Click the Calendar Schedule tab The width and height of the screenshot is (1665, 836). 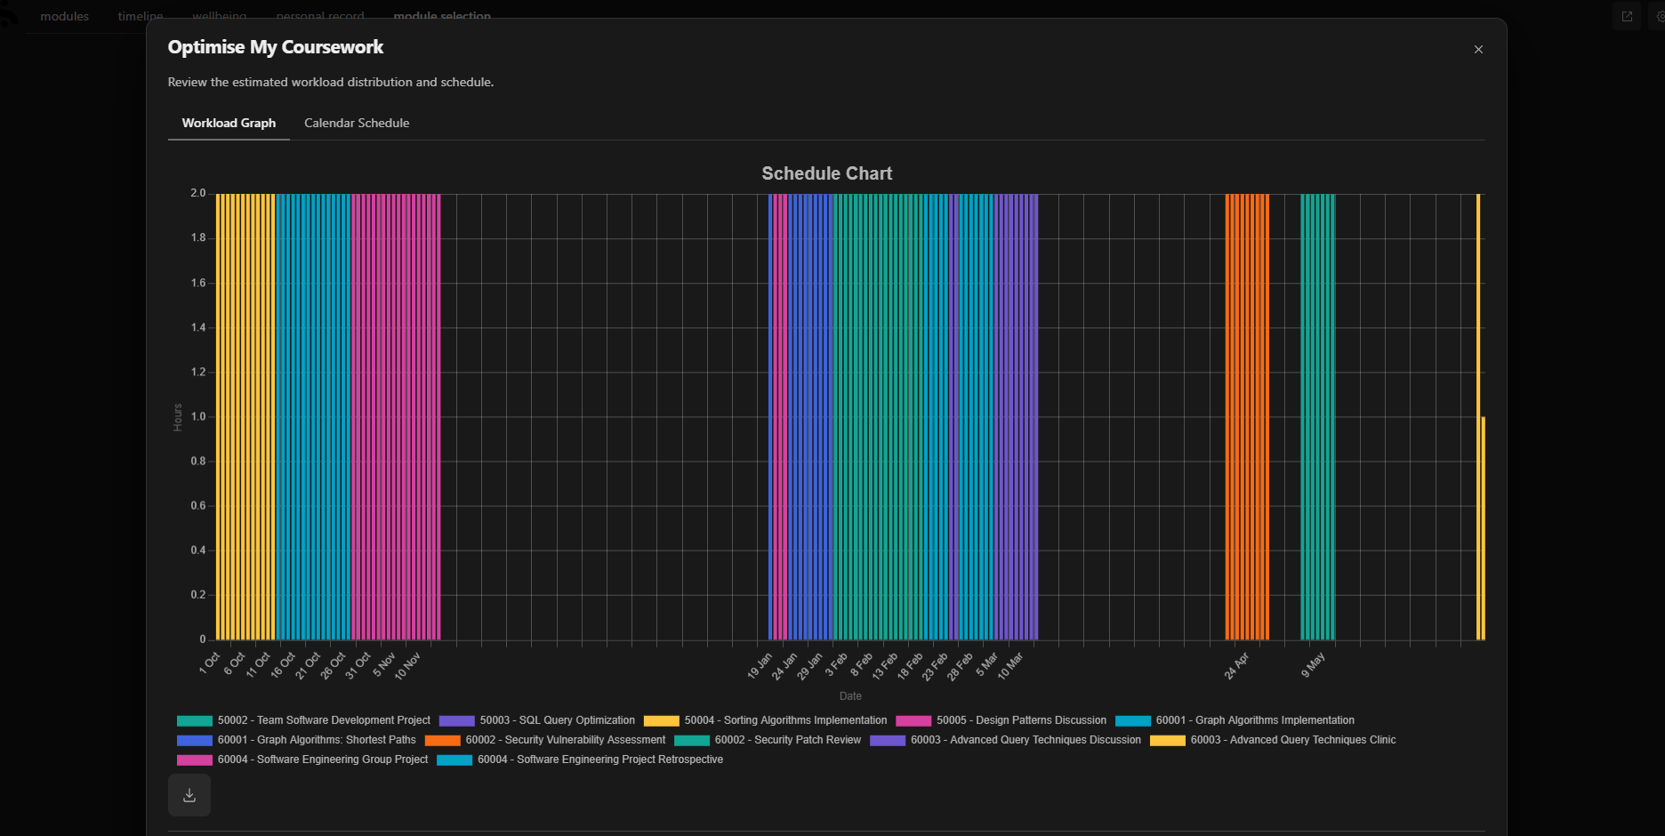click(x=357, y=123)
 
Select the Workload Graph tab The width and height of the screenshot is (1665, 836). click(x=229, y=123)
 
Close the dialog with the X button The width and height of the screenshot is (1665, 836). click(x=1478, y=50)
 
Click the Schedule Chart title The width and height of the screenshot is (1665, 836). click(x=826, y=173)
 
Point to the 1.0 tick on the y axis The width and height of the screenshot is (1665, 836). click(x=197, y=416)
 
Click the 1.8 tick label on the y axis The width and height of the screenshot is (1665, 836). click(x=197, y=237)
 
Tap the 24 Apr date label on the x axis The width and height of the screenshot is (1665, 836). click(x=1236, y=665)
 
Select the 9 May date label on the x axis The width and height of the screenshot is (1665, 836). click(x=1313, y=664)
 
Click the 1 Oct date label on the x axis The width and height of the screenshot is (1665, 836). click(x=210, y=663)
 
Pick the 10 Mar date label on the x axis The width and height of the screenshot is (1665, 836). click(x=1010, y=666)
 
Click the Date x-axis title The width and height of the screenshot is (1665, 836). click(x=850, y=696)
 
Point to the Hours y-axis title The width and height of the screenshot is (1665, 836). click(x=178, y=417)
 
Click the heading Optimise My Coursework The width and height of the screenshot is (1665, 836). click(x=276, y=47)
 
